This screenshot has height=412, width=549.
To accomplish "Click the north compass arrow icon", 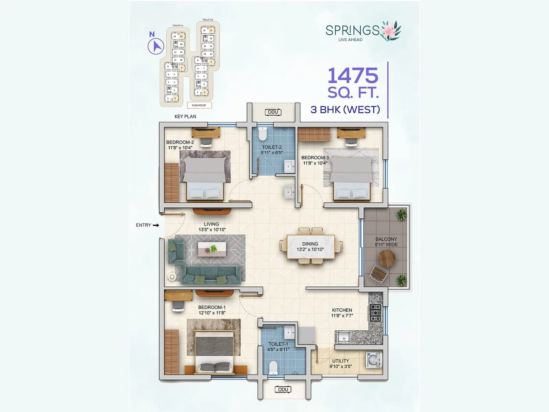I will click(x=156, y=46).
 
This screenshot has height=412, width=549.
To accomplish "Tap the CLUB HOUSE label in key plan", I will click(x=199, y=105).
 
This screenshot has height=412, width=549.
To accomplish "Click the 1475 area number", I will click(x=353, y=76).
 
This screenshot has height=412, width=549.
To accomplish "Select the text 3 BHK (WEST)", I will click(x=345, y=110).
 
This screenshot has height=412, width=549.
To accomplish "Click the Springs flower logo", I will click(x=390, y=31).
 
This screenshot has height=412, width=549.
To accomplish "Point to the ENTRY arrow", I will click(x=156, y=225).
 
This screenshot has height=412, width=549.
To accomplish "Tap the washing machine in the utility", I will click(x=373, y=360).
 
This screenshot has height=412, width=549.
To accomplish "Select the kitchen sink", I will click(x=343, y=337).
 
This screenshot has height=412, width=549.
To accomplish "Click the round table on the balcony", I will click(x=387, y=258).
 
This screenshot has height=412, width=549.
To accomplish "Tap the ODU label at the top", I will click(x=273, y=112).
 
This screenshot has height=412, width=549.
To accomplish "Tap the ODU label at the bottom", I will click(x=283, y=389).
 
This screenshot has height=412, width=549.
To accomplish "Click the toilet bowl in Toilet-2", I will click(x=262, y=134).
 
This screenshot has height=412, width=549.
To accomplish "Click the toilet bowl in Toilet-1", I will click(x=273, y=367).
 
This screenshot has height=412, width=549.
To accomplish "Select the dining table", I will click(x=311, y=247).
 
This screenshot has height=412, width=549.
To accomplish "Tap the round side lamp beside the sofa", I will click(x=172, y=276).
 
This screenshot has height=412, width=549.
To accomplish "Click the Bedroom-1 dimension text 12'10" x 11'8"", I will click(x=212, y=313).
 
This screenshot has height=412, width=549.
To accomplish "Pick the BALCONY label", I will click(x=386, y=239).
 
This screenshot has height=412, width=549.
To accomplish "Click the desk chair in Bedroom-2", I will click(x=206, y=142).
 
